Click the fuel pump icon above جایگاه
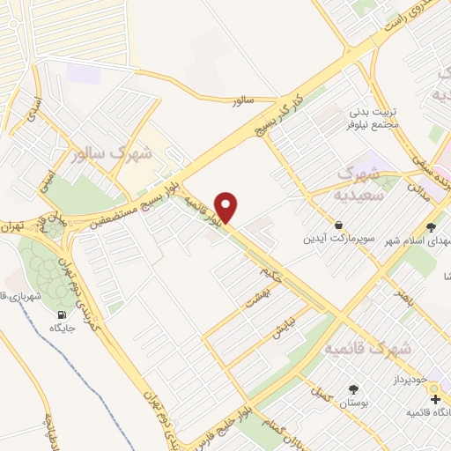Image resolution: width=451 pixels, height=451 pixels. pyautogui.click(x=62, y=315)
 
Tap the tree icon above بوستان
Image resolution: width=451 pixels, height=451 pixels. pyautogui.click(x=353, y=388)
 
